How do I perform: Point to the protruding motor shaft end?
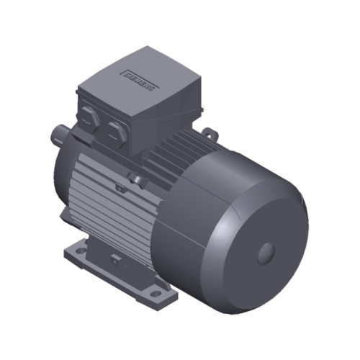click(x=60, y=134)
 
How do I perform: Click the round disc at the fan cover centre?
click(x=266, y=252)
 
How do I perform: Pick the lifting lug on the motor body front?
click(x=135, y=176)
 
